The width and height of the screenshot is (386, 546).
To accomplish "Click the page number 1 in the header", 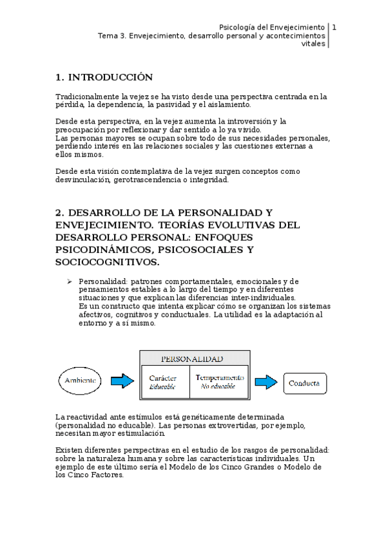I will (x=334, y=27).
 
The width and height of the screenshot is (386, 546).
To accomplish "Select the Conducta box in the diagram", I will (x=305, y=383).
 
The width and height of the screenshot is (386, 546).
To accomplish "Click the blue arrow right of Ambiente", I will (x=122, y=382).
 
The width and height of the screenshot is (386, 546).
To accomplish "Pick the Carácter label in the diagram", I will (x=163, y=377).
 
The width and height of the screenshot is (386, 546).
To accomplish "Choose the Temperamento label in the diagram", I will (x=219, y=377).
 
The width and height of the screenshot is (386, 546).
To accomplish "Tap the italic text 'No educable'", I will (x=218, y=386).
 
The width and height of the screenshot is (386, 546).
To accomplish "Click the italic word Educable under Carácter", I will (x=162, y=387).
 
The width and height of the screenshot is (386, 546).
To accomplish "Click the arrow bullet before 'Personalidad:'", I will (x=71, y=282).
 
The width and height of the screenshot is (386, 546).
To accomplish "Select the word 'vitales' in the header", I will (x=314, y=44).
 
